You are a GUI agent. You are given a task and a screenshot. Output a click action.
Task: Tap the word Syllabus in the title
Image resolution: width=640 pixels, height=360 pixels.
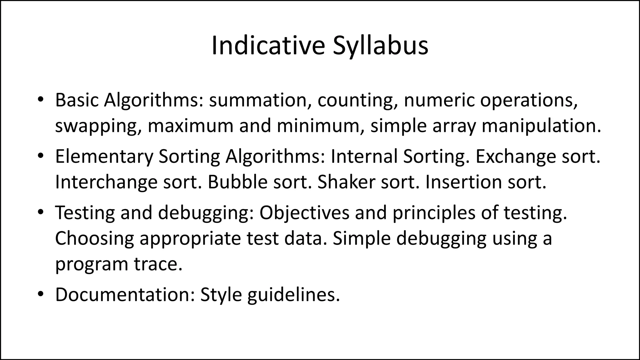[380, 46]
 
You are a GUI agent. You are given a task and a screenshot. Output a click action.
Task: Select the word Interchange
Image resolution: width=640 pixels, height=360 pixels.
[106, 182]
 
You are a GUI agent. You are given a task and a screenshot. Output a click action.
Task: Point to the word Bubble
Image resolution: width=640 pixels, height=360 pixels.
[237, 182]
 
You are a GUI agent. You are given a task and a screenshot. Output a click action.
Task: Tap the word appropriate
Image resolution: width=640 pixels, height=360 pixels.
[190, 238]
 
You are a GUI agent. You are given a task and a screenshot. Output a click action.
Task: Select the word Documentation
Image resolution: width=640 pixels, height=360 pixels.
[125, 294]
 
